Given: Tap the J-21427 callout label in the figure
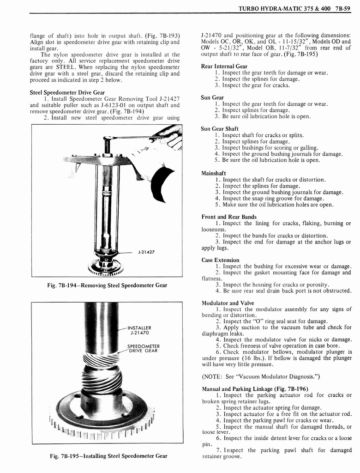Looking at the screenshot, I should tap(146, 252).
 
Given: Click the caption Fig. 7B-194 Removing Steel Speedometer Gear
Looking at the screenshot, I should tap(107, 285).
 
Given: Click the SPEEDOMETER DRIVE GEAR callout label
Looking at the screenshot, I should tap(144, 348).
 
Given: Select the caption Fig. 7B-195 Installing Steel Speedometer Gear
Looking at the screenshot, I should tap(108, 456).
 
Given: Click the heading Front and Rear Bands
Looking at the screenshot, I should tap(229, 217).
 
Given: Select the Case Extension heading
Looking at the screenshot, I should tap(220, 260).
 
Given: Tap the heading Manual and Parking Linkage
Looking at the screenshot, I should tap(255, 388).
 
